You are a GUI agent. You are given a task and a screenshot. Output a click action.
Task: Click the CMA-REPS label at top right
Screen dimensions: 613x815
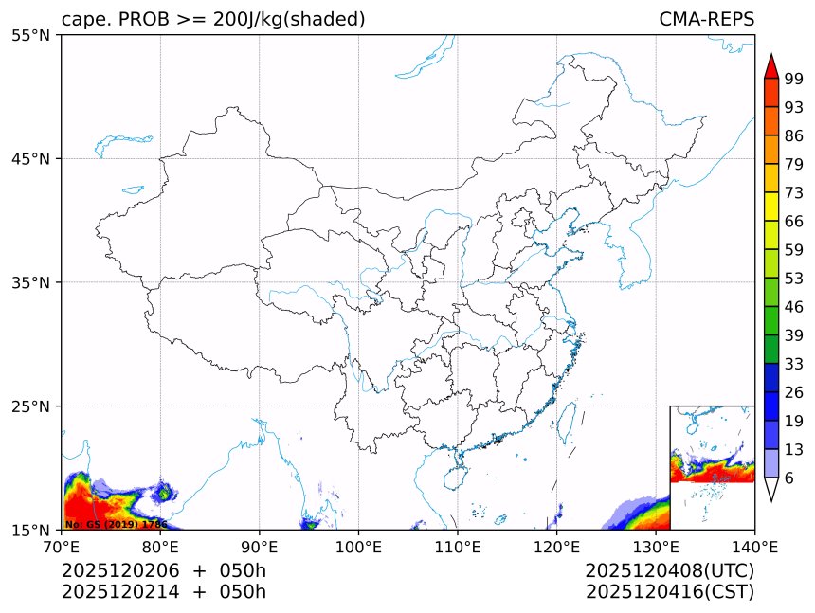coord(706,19)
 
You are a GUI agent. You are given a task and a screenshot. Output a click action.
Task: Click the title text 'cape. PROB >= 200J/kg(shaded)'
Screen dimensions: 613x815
coord(213,19)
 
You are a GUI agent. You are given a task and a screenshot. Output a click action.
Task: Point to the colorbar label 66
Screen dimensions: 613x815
coord(794,221)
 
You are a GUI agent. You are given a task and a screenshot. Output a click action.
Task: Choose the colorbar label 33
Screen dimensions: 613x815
coord(794,364)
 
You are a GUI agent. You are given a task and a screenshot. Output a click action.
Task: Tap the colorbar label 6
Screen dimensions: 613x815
coord(789,478)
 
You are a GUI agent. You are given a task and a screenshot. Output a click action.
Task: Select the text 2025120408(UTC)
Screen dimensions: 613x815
coord(669,570)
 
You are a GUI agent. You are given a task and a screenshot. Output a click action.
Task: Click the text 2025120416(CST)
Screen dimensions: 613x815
coord(669,592)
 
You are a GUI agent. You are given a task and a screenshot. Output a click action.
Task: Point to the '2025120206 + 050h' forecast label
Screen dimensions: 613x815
coord(164,570)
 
